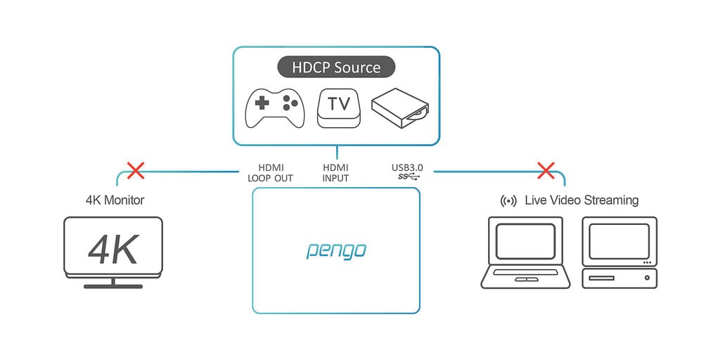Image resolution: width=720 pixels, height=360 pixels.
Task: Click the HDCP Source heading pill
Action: pyautogui.click(x=336, y=67)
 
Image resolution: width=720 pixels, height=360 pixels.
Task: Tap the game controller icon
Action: pyautogui.click(x=274, y=108)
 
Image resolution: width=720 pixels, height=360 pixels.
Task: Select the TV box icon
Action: pyautogui.click(x=339, y=108)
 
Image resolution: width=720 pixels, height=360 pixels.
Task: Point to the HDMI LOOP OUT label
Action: pyautogui.click(x=271, y=173)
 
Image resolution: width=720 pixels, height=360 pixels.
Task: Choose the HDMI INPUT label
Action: pyautogui.click(x=335, y=173)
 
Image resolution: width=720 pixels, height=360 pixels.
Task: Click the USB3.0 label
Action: pyautogui.click(x=407, y=168)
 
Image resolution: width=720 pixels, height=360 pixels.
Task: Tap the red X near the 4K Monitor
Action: pyautogui.click(x=135, y=170)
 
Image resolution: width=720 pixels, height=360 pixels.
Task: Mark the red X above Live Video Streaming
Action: pyautogui.click(x=546, y=170)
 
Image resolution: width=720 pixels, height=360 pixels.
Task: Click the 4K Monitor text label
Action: pyautogui.click(x=115, y=200)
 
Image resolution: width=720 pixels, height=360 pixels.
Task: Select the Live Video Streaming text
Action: pyautogui.click(x=581, y=200)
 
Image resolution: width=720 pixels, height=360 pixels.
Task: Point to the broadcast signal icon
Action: pyautogui.click(x=508, y=201)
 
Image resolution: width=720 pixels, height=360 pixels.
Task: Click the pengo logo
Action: pyautogui.click(x=336, y=250)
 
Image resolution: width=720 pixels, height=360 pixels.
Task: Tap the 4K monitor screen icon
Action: pyautogui.click(x=113, y=247)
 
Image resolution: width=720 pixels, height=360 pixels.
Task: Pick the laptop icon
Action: pyautogui.click(x=526, y=252)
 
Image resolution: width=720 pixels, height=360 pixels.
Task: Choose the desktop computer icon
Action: pyautogui.click(x=619, y=252)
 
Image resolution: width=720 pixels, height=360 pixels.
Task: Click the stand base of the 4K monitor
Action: pyautogui.click(x=113, y=285)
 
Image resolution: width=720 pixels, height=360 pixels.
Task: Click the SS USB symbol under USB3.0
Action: pyautogui.click(x=407, y=177)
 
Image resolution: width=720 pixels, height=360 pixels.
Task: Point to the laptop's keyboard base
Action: pyautogui.click(x=526, y=277)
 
